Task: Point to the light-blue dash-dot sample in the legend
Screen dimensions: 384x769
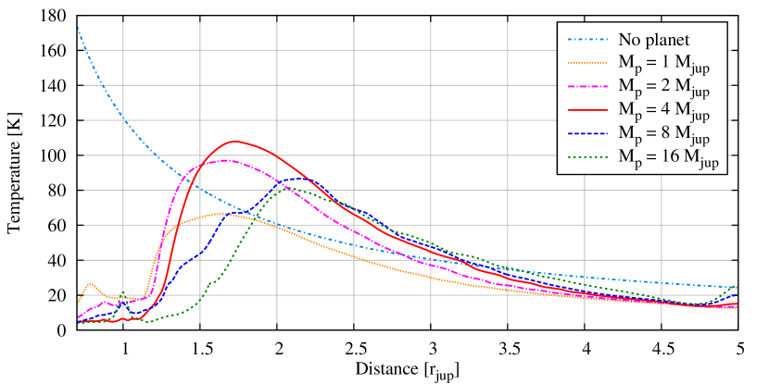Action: coord(587,41)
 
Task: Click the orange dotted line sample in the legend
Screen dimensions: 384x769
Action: coord(587,63)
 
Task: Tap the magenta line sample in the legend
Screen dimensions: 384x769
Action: coord(587,86)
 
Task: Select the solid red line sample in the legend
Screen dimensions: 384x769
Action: coord(587,109)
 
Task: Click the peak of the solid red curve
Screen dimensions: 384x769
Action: coord(235,142)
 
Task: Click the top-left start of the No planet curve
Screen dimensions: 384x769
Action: coord(78,27)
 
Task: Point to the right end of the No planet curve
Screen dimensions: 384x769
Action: coord(736,288)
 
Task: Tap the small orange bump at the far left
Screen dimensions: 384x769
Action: coord(90,283)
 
